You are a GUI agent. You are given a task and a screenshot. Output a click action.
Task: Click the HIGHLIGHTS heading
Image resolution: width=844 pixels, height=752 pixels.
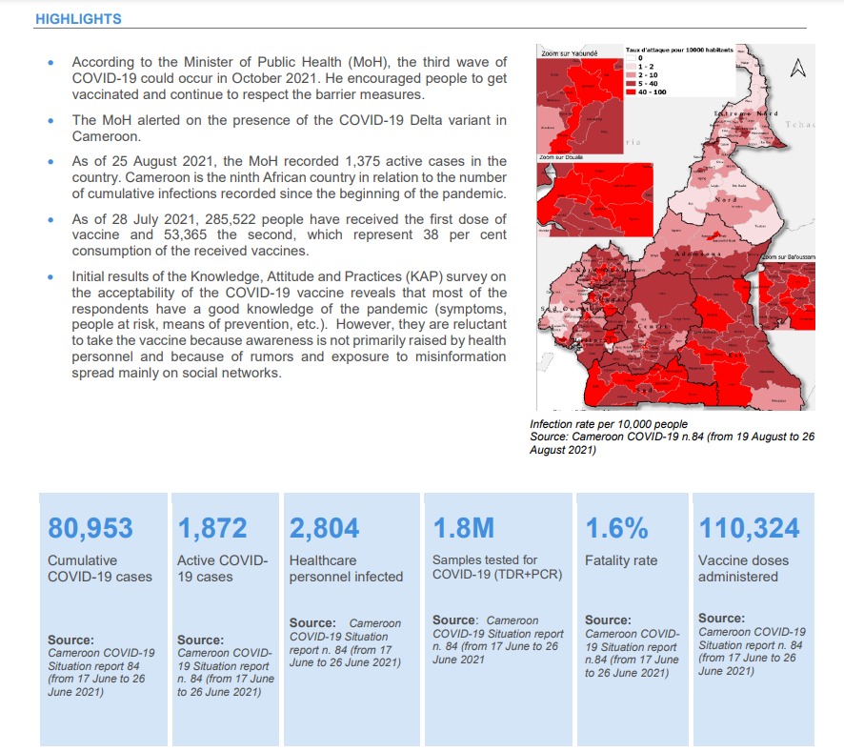(78, 19)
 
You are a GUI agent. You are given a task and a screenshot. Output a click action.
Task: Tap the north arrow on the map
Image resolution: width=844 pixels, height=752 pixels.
(798, 68)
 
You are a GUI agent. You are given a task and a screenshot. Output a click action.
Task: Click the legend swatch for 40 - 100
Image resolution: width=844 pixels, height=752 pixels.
(632, 92)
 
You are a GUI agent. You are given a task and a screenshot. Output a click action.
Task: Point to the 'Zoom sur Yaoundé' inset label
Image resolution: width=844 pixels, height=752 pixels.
(568, 54)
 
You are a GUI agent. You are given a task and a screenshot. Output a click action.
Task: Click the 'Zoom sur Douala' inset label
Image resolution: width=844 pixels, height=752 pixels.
(560, 157)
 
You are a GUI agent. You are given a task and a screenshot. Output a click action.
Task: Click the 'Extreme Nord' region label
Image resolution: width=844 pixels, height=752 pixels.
(746, 113)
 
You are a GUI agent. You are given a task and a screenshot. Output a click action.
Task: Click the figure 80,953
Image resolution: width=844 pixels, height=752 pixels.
(90, 528)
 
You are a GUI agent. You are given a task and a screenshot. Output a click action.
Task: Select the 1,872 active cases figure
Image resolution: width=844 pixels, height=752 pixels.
(211, 528)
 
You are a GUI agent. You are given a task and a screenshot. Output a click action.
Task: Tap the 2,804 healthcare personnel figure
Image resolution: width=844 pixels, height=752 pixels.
(324, 528)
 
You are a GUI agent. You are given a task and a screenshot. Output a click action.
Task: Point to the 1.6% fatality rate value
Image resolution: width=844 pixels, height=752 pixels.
(616, 528)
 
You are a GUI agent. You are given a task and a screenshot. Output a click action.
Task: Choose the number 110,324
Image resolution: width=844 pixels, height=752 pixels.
(749, 528)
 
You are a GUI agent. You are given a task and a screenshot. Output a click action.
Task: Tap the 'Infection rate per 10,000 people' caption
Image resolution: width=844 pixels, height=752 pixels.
(609, 424)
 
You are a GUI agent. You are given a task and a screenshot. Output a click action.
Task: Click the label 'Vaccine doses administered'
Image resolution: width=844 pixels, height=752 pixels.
(737, 568)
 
